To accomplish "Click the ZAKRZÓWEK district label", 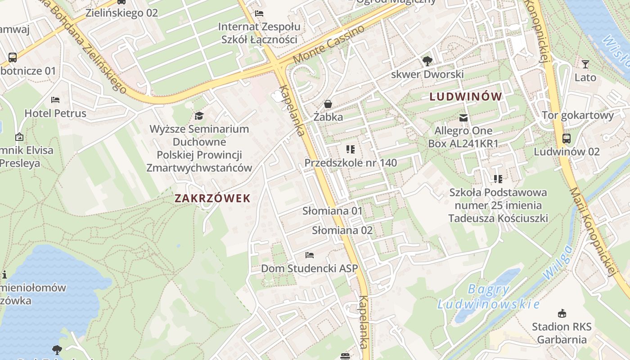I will pos(212,198).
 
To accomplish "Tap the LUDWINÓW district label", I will pos(465,96).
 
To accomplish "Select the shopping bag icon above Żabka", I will pos(328,104).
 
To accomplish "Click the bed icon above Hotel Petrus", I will pos(55,100).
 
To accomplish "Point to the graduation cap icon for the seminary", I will pos(199,116).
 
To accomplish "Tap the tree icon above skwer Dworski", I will pos(427,61).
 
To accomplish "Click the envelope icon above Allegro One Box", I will pos(463,118).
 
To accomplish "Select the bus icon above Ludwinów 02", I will pos(567,139).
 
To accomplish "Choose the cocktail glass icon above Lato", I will pos(585,64).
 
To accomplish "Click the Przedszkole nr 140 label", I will pos(351,162).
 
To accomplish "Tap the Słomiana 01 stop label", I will pos(332,211).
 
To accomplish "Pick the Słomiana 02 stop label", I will pos(342,230).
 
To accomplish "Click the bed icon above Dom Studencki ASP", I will pos(310,255).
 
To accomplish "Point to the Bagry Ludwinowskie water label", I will pos(488,297).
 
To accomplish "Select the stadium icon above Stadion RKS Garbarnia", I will pos(562,314).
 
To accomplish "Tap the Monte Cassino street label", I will pos(329,45).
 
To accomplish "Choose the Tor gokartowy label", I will pos(578,115).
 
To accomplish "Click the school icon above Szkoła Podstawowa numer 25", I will pos(498,179).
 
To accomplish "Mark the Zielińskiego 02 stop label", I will pos(121,13).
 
